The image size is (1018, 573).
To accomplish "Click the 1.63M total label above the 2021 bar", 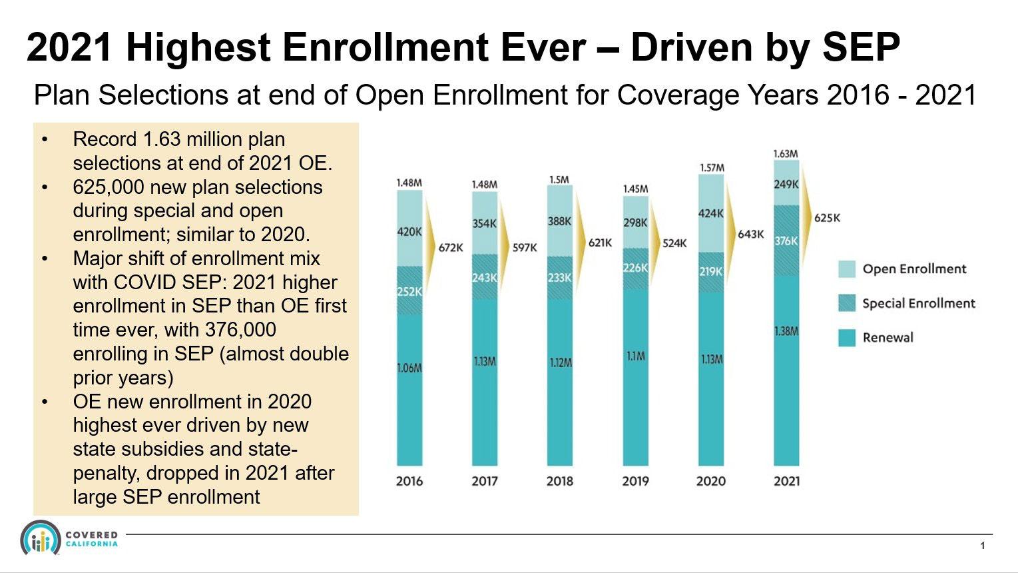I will [786, 154].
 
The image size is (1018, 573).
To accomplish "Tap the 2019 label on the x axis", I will [635, 481].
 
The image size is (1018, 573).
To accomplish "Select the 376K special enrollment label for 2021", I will [786, 241].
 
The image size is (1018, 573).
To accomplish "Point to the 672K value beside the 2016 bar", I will [451, 248].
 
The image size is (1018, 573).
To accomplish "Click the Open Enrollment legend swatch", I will [846, 269].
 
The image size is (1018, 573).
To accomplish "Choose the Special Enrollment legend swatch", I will [846, 303].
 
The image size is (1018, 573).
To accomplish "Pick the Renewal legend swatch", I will [846, 338].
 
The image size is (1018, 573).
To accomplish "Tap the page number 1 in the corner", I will [982, 546].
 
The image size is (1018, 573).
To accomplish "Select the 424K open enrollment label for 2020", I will [710, 213].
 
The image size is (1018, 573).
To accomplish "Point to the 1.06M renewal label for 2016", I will [409, 368].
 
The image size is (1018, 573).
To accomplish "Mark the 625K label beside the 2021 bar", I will [827, 218].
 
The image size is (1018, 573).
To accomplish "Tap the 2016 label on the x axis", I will [409, 481].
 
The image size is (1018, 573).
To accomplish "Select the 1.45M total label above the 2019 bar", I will [635, 189].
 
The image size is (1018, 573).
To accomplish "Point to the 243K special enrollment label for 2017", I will [484, 277].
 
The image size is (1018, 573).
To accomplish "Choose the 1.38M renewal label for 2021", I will [786, 331].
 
